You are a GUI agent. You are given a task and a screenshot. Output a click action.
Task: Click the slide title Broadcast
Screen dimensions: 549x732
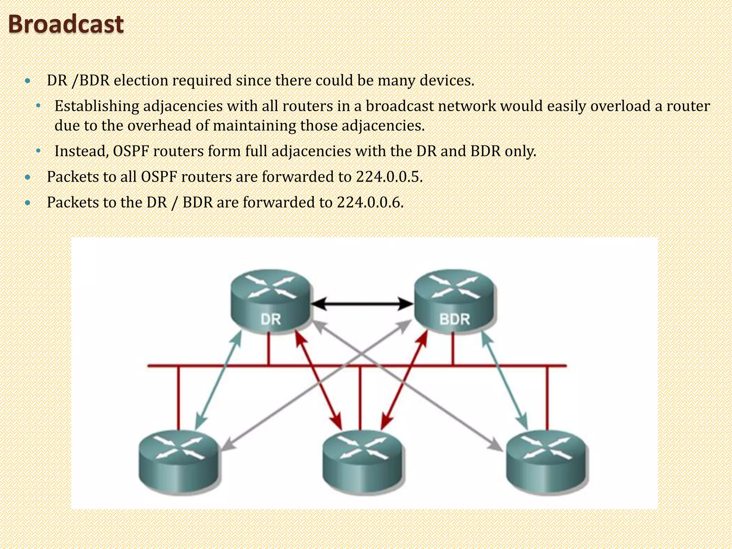(x=66, y=24)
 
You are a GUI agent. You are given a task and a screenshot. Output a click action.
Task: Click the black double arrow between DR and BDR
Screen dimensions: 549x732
(x=362, y=304)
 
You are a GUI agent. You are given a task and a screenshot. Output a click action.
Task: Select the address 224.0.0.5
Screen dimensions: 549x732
(x=389, y=177)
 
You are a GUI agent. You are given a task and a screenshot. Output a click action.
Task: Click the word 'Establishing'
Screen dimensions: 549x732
(x=97, y=106)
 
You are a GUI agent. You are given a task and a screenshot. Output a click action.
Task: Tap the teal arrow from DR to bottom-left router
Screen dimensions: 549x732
(x=218, y=380)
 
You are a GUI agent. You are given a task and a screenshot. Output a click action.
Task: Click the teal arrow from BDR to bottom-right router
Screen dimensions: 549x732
(x=504, y=380)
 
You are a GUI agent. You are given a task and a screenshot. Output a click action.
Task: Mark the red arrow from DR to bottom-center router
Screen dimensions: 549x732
(x=318, y=380)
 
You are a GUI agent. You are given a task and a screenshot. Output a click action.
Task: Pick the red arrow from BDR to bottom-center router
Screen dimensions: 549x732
(x=404, y=380)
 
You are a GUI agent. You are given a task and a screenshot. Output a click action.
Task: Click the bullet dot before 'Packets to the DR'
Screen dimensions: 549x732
(x=28, y=203)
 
